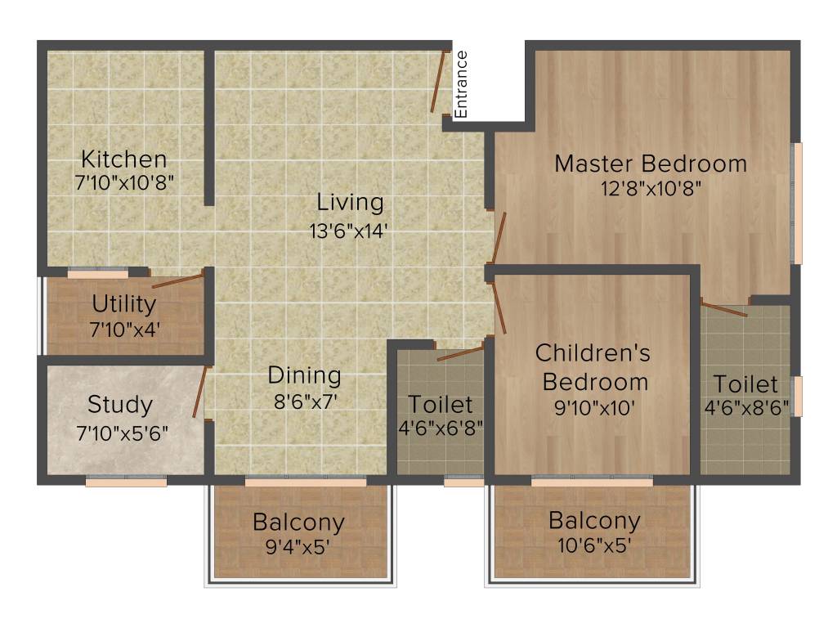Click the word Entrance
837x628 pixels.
[461, 84]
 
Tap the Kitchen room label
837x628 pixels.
[124, 159]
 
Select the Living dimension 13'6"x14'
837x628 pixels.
[350, 231]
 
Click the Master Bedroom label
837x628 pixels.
[651, 164]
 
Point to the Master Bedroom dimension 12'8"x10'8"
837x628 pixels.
[651, 189]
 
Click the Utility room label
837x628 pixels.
[124, 304]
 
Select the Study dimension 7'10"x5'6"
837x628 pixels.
[122, 433]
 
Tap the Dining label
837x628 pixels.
[304, 375]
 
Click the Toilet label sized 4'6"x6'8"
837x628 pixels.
[441, 404]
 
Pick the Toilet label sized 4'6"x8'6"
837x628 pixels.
[745, 384]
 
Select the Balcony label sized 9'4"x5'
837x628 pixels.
[298, 521]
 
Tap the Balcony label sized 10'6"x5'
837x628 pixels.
[594, 520]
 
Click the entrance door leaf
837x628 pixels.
[440, 82]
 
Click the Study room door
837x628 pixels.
[201, 393]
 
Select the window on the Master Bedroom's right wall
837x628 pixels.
[799, 204]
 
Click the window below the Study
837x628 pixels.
[126, 482]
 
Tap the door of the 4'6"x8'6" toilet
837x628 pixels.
[724, 310]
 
